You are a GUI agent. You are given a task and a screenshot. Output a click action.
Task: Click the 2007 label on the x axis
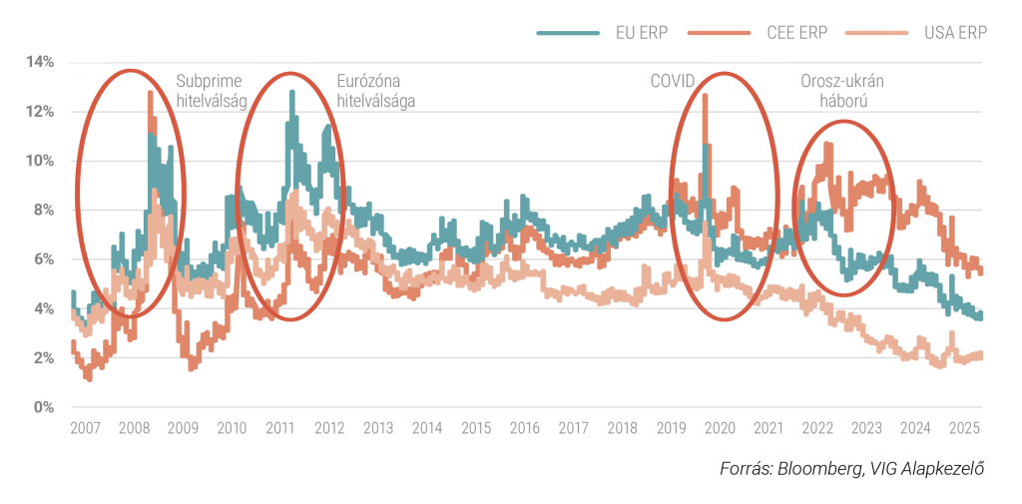point(86,428)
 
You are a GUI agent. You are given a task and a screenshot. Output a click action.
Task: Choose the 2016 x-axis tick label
point(525,428)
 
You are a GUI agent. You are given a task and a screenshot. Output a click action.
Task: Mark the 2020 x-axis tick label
point(721,428)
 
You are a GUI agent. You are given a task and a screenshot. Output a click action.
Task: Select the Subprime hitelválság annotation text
point(212,91)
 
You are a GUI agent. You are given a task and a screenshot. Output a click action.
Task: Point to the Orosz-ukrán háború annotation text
point(842,91)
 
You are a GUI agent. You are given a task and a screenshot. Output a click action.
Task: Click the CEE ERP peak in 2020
point(705,95)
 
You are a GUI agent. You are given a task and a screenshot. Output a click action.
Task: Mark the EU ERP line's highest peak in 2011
point(292,92)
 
